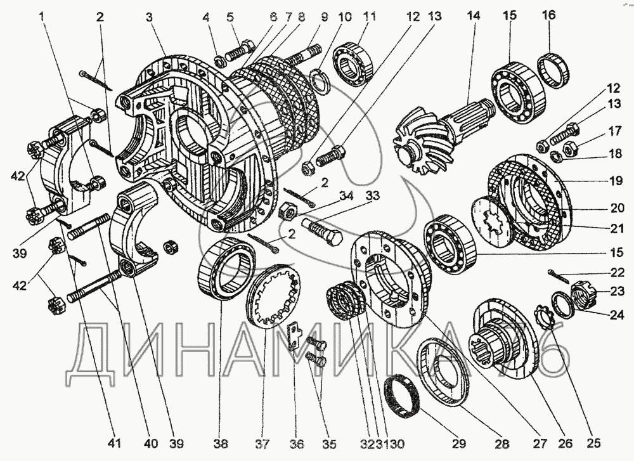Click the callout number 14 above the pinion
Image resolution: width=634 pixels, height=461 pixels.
point(474,16)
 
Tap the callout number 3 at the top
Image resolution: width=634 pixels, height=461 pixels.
point(150,17)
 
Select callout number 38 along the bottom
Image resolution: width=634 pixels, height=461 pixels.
point(221,444)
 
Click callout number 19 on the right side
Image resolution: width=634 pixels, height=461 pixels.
point(616,180)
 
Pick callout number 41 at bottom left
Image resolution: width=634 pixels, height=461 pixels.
point(114,444)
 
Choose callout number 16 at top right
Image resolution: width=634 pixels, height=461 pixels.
point(549,15)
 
